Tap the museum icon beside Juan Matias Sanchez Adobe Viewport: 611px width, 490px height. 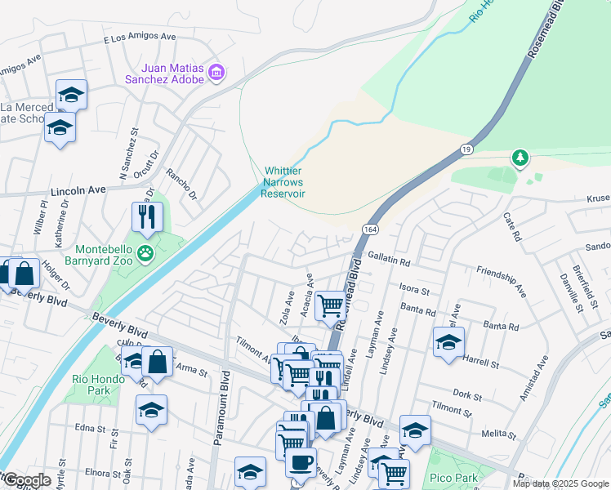coord(216,73)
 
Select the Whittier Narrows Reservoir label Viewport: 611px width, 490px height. coord(283,182)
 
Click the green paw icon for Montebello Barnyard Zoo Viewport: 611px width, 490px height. coord(145,253)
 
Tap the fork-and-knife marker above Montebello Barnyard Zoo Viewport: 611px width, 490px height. coord(147,216)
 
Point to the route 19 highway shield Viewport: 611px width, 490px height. coord(465,149)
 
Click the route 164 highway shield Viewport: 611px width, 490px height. coord(370,231)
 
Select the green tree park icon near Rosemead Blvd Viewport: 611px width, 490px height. coord(519,157)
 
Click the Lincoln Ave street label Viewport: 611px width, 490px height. coord(78,189)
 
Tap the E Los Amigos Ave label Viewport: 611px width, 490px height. coord(139,38)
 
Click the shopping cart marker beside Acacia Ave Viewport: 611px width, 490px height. coord(331,305)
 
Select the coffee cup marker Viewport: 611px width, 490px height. coord(300,461)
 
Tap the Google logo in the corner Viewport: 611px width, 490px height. coord(28,480)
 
